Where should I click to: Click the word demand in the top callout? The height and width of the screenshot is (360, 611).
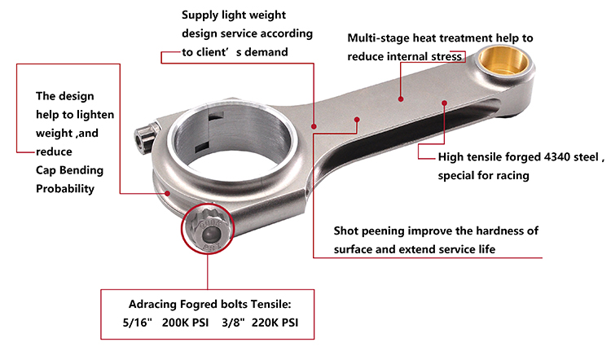point(268,52)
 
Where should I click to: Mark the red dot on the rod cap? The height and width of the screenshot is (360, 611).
point(168,193)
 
